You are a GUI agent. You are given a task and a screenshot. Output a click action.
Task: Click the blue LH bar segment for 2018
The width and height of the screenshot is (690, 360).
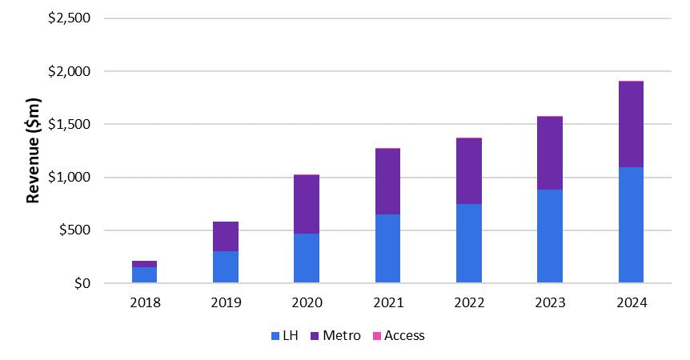(x=144, y=274)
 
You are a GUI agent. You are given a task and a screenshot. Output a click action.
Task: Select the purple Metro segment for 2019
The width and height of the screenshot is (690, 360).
(x=226, y=236)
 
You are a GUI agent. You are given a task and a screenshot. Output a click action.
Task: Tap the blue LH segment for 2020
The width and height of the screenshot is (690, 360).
(x=307, y=258)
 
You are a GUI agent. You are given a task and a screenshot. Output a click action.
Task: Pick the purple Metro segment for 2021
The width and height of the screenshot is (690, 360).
(x=387, y=181)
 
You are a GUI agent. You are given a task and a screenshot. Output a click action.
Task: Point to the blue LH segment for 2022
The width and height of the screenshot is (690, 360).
(x=468, y=243)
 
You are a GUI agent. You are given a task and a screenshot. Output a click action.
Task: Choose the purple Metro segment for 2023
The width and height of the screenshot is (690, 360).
(x=550, y=153)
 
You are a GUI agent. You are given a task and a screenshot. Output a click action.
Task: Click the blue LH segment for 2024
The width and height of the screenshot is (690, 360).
(x=631, y=225)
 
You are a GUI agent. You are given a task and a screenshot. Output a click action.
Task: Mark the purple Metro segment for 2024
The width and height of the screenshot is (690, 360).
(x=631, y=124)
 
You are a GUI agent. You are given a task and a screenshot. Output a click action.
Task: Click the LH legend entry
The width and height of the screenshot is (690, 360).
(x=286, y=336)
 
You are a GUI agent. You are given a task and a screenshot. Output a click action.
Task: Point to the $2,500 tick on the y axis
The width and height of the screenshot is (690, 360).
(x=69, y=18)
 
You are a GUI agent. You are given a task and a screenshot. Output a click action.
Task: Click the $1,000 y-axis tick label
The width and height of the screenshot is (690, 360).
(x=69, y=178)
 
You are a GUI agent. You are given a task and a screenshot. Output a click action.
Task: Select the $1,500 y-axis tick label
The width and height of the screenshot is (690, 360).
(x=69, y=125)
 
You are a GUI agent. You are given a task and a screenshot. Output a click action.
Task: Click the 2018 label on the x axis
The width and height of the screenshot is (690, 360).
(x=144, y=303)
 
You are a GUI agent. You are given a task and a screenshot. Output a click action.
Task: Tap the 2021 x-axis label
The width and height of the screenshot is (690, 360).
(x=387, y=303)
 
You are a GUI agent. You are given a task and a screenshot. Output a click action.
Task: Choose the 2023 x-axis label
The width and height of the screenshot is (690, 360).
(x=550, y=303)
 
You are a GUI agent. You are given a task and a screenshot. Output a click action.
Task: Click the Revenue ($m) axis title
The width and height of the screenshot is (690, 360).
(x=34, y=150)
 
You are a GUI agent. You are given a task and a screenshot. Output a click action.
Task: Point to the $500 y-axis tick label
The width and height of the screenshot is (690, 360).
(x=74, y=230)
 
